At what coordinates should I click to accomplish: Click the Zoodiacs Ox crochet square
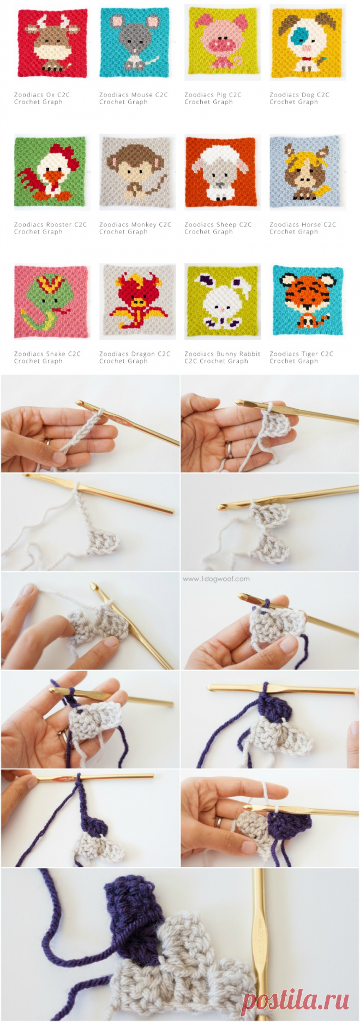tap(52, 43)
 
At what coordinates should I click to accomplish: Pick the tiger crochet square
tap(308, 300)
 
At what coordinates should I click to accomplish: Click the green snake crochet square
tap(51, 301)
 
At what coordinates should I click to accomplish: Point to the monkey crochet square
tap(137, 172)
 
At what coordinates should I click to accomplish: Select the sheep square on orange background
tap(221, 172)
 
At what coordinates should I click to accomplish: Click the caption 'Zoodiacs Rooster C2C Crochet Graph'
tap(50, 228)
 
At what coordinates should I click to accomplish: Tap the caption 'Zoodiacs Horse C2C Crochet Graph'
tap(303, 228)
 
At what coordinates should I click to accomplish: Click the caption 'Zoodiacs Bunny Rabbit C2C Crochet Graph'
tap(222, 357)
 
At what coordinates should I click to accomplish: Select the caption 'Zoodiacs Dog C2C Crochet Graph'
tap(299, 98)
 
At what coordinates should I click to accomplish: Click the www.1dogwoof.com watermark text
tap(216, 579)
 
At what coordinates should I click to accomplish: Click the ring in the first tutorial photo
tap(50, 443)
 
